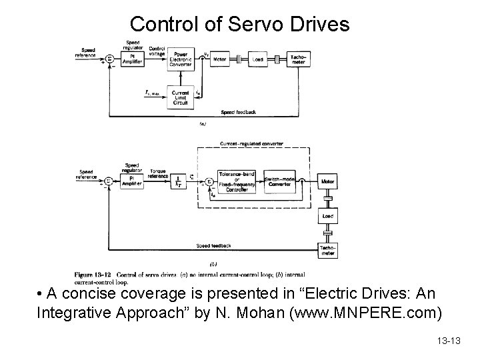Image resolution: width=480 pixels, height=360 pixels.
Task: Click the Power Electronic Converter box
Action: tap(181, 60)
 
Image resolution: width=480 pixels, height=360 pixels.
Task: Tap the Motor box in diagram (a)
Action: tap(219, 60)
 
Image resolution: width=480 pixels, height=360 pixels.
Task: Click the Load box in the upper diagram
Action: tap(258, 60)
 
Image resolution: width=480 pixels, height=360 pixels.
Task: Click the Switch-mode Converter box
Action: tap(279, 180)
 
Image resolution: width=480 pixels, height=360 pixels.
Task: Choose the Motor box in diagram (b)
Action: tap(327, 180)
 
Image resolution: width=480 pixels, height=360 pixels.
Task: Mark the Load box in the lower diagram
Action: tap(327, 216)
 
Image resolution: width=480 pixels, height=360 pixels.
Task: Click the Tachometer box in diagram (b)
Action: tap(327, 250)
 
